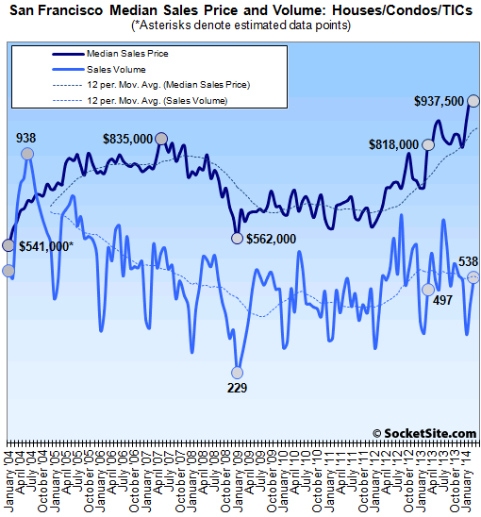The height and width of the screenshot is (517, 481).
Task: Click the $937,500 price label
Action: point(437,101)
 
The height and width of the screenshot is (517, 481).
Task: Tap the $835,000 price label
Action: point(127,139)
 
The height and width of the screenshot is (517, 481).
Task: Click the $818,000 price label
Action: point(394,144)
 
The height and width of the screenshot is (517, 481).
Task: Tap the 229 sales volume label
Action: point(237,387)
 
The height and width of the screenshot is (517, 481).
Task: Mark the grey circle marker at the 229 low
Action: point(237,371)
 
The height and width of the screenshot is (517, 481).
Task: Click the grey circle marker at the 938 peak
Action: point(27,154)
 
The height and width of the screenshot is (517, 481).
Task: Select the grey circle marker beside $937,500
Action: point(473,100)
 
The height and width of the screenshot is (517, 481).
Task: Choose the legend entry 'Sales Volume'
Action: point(110,70)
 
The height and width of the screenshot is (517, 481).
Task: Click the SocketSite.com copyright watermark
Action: point(425,432)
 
